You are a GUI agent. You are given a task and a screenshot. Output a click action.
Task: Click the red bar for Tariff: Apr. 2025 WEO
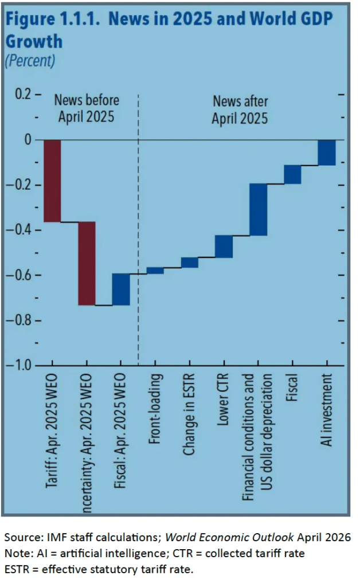(x=52, y=181)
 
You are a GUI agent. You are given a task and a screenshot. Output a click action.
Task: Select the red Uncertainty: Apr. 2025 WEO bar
(x=87, y=263)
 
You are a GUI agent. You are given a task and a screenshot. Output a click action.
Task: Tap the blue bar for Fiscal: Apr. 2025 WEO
(x=120, y=289)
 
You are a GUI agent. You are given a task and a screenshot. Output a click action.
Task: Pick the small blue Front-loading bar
(x=155, y=270)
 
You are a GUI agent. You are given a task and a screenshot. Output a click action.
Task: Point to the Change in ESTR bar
(x=189, y=262)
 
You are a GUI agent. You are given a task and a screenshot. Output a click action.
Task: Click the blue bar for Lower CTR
(x=224, y=246)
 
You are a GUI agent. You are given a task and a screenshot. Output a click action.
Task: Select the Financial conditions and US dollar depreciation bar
(x=258, y=209)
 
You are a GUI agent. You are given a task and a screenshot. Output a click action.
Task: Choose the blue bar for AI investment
(x=327, y=152)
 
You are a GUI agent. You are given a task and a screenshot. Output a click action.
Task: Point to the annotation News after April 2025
(x=240, y=110)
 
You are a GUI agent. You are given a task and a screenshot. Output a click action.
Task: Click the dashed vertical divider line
(x=138, y=229)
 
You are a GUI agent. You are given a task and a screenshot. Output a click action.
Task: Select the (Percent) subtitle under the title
(x=30, y=60)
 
